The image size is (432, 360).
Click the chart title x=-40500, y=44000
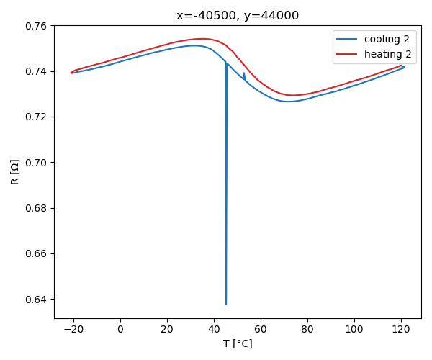238,15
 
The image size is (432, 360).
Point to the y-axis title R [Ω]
14,171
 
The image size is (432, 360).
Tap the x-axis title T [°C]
238,343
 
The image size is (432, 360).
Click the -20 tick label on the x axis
73,329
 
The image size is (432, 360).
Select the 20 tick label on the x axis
167,329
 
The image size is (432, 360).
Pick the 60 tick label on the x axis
261,329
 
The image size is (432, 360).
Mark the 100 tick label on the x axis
354,329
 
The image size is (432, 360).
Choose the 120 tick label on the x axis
401,329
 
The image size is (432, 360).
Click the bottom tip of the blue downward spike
226,305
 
